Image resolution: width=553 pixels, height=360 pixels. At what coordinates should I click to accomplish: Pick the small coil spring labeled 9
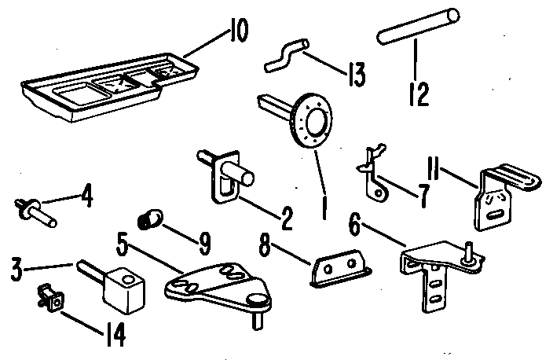(x=150, y=219)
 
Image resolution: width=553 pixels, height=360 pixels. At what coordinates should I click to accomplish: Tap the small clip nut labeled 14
(x=51, y=299)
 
